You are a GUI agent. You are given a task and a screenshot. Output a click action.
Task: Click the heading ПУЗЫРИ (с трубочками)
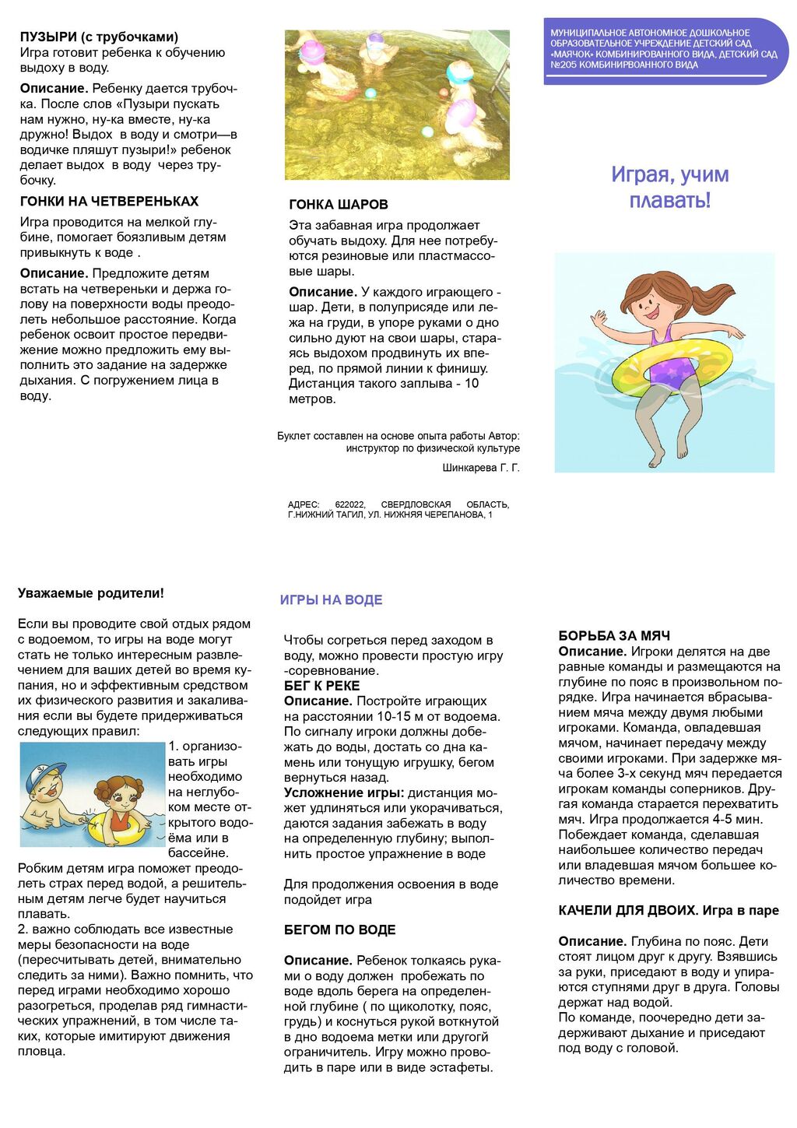pos(99,37)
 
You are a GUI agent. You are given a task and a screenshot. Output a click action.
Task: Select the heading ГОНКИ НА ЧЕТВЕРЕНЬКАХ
pos(109,201)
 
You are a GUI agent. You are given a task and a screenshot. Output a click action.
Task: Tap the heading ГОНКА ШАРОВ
pos(339,205)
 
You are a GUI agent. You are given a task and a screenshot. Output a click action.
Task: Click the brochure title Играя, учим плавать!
pos(669,187)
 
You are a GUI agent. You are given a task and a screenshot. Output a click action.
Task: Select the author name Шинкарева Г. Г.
pos(480,468)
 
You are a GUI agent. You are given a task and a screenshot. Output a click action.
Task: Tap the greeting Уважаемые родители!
pos(91,593)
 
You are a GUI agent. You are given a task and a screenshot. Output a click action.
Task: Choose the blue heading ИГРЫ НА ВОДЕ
pos(331,599)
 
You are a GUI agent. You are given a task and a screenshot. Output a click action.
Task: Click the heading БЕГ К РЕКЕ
pos(321,686)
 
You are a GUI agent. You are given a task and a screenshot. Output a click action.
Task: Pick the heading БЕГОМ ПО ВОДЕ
pos(339,929)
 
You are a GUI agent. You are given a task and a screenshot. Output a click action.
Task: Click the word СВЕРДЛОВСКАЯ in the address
pos(416,504)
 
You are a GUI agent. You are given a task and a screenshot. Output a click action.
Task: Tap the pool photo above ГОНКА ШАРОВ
pos(397,105)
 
